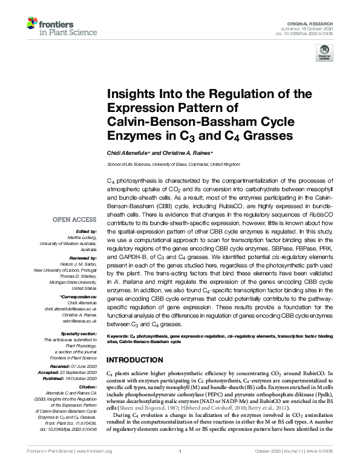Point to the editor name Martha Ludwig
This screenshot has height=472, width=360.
pyautogui.click(x=82, y=237)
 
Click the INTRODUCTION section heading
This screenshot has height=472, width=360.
pyautogui.click(x=139, y=359)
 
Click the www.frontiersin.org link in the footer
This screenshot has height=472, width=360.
pyautogui.click(x=95, y=468)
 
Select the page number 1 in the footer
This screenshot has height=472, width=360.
pyautogui.click(x=180, y=468)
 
